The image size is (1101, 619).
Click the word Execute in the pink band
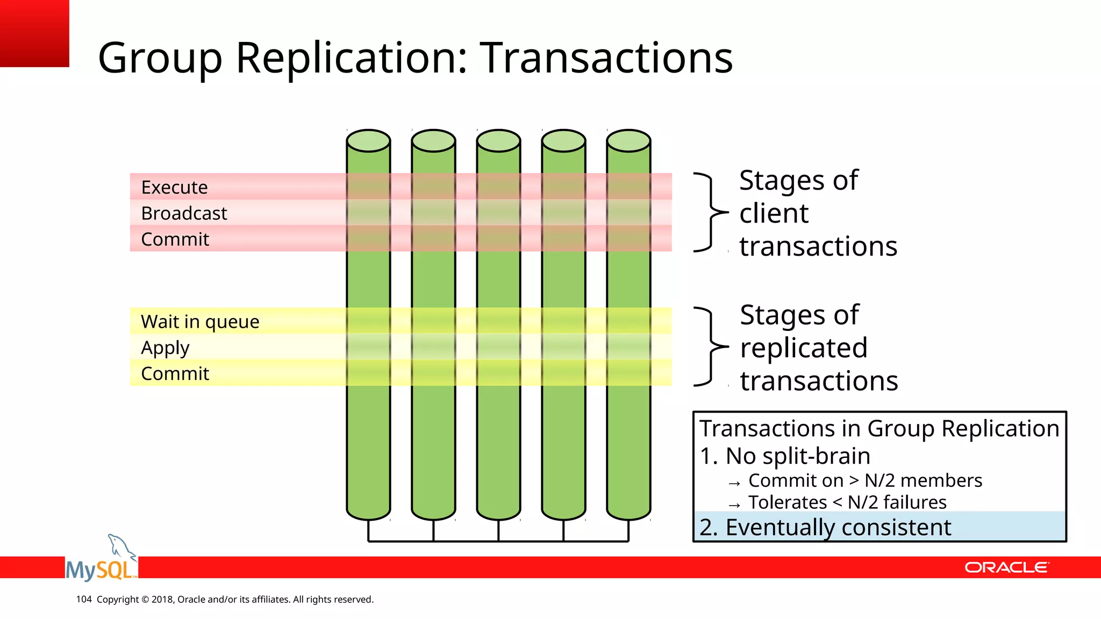click(174, 188)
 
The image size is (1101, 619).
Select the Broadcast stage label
click(184, 213)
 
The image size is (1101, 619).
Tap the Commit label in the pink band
click(175, 239)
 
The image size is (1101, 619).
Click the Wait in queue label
click(200, 321)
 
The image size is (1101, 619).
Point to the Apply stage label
click(165, 348)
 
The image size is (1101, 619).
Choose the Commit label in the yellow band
click(175, 373)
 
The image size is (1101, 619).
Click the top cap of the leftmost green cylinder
click(368, 141)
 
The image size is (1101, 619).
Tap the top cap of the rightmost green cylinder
click(628, 141)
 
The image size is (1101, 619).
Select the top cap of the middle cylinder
click(498, 141)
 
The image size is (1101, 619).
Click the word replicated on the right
click(804, 348)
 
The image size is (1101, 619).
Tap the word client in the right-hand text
click(774, 213)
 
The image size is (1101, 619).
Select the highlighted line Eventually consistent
click(825, 527)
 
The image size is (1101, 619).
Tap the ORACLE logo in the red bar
click(1006, 567)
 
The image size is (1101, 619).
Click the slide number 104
click(84, 599)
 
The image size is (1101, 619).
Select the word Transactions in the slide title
click(606, 57)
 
